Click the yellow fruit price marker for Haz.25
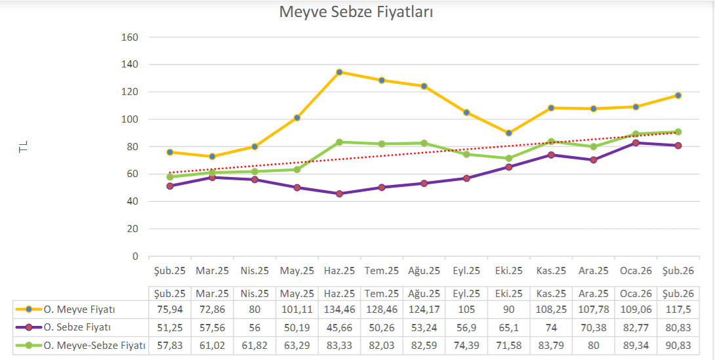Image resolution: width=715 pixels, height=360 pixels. coord(339,72)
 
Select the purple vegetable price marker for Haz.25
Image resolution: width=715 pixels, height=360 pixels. coord(339,193)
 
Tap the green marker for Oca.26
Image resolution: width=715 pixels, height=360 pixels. coord(636,134)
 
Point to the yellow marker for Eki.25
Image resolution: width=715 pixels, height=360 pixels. coord(508,133)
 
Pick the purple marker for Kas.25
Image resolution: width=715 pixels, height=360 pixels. coord(551,155)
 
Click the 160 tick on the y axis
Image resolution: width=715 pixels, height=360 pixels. coord(130,37)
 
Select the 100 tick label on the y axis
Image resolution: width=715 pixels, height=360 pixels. coord(130,119)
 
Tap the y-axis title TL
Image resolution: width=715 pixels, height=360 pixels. coord(24,147)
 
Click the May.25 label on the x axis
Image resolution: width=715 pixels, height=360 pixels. coord(297,270)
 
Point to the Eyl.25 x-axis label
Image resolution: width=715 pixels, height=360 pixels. coord(466,270)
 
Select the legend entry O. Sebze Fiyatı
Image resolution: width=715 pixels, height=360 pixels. coord(77,327)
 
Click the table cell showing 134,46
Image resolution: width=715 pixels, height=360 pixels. coord(339,310)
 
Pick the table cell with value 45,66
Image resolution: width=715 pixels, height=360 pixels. coord(339,327)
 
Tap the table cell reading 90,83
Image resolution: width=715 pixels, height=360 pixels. coord(678,345)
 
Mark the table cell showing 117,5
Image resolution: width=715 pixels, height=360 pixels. coord(678,310)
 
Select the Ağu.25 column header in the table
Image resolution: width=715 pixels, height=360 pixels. coord(424,293)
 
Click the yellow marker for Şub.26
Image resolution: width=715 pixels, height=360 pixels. coord(678,96)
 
